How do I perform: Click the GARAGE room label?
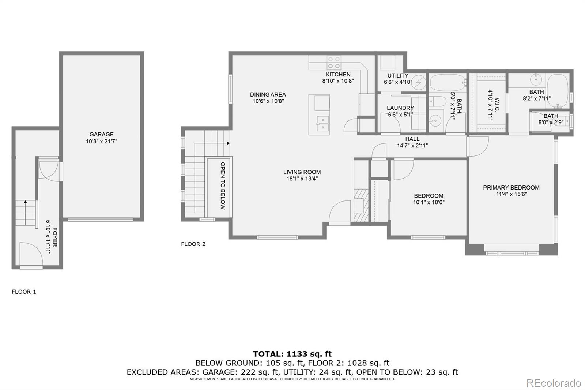coord(101,134)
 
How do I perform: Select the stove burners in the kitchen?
coord(334,63)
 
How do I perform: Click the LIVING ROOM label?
coord(302,172)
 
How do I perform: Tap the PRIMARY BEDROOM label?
coord(511,188)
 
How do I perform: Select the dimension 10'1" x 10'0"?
coord(429,202)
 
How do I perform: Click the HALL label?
coord(412,139)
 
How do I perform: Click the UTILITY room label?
coord(398,76)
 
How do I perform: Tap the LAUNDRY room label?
coord(400,108)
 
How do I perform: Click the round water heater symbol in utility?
coord(419,82)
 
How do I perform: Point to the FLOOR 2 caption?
coord(193,244)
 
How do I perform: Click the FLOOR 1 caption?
coord(24,292)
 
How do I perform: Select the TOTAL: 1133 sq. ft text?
coord(292,354)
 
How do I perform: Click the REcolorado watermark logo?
coord(553,383)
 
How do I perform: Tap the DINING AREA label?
coord(268,94)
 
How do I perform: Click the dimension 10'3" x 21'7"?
coord(101,141)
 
